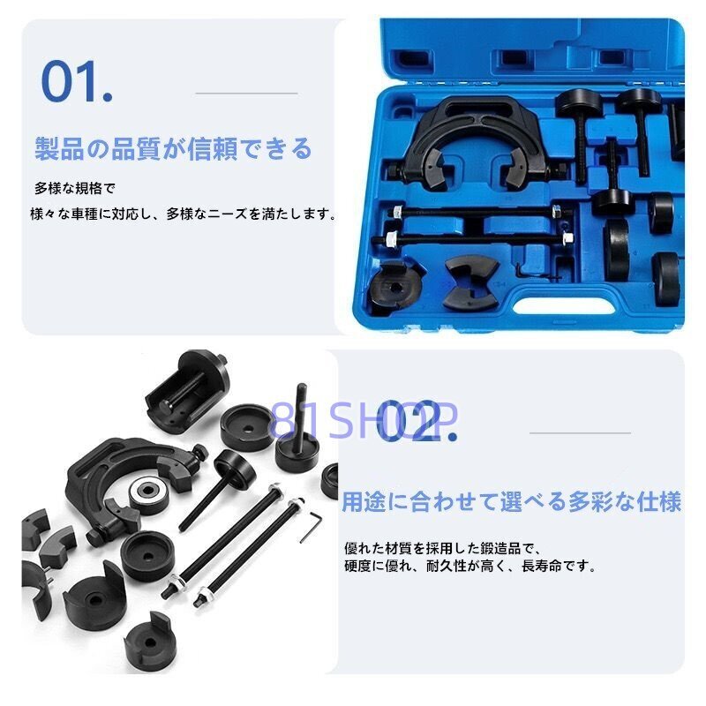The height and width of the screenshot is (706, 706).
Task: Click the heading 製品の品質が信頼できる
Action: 173,148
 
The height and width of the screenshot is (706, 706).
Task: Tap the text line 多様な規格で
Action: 75,189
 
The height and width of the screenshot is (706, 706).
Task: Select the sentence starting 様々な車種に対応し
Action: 184,214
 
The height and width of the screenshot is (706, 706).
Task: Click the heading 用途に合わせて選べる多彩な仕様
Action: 512,503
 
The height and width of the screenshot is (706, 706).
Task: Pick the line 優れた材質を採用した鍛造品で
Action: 448,548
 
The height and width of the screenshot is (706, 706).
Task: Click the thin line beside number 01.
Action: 246,93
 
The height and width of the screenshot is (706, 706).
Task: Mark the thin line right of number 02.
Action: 580,432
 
